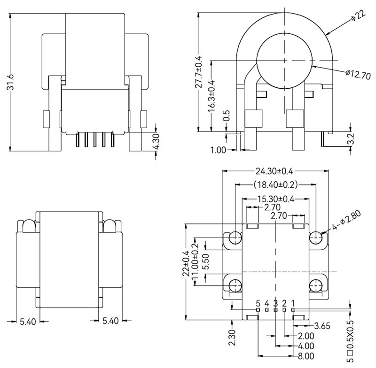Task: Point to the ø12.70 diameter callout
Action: point(358,74)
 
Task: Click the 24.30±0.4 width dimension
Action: point(274,171)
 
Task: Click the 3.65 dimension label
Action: point(321,326)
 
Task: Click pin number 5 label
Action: point(258,303)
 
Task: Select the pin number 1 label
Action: point(293,303)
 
